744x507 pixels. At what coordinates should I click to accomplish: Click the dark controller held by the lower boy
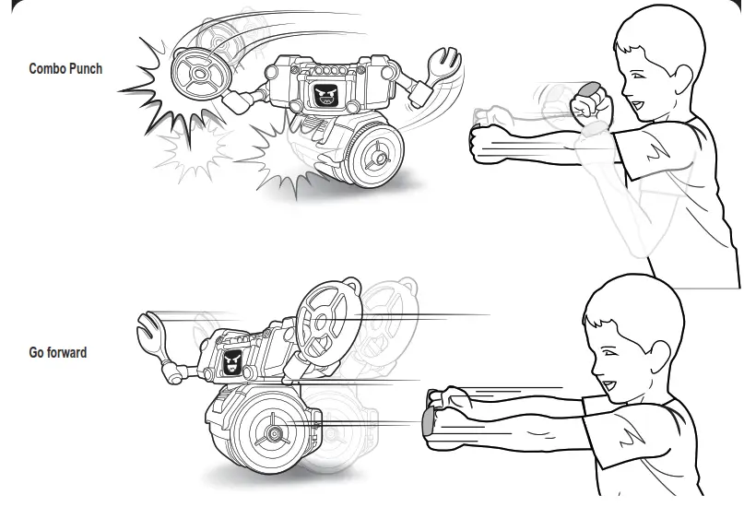[428, 422]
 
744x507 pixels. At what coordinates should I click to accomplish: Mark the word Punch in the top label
[88, 68]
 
